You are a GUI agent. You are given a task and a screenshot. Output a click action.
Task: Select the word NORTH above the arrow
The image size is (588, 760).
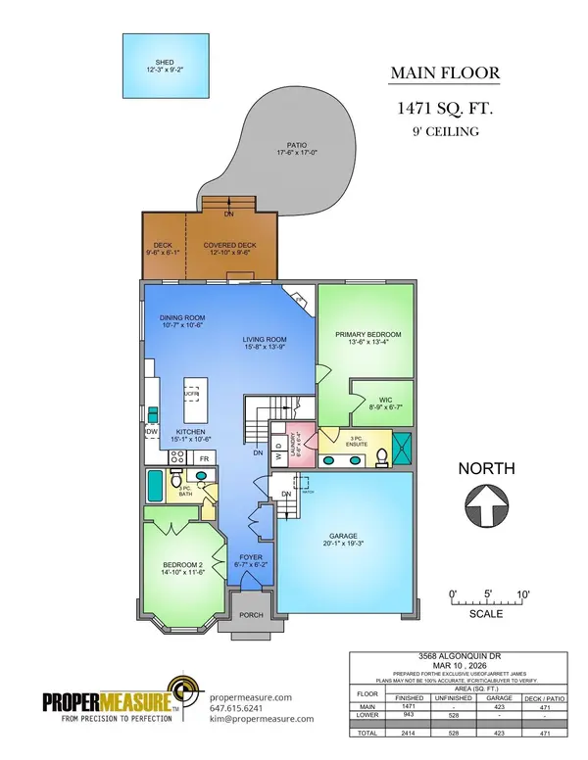[x=486, y=469]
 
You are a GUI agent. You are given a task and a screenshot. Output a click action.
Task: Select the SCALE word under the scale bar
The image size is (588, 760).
[x=486, y=614]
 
